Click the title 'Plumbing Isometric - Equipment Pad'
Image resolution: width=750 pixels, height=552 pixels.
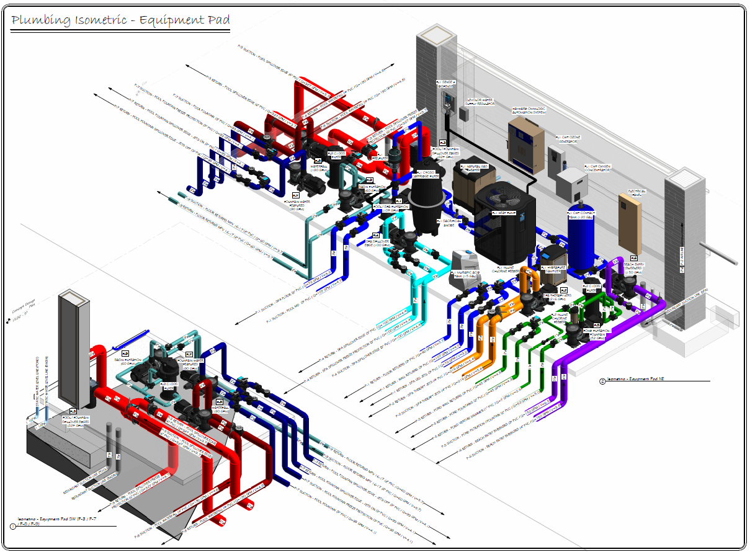(121, 20)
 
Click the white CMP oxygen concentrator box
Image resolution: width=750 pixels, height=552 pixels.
(571, 184)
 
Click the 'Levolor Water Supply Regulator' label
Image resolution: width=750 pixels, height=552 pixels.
(484, 101)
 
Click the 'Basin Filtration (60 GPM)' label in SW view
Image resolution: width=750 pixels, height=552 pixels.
(124, 360)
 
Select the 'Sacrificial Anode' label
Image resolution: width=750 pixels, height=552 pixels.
(449, 223)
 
